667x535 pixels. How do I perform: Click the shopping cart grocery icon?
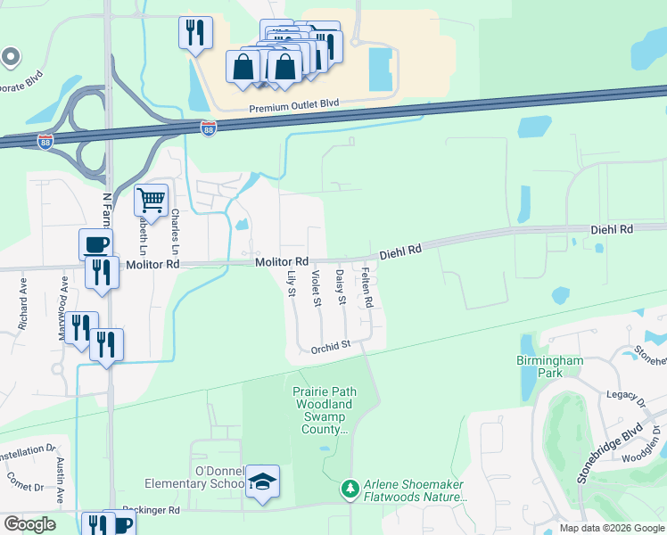[x=152, y=200]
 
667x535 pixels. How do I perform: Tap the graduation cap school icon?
[x=262, y=481]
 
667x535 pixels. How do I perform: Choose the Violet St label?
[x=317, y=287]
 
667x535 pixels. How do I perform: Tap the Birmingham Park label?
[x=550, y=366]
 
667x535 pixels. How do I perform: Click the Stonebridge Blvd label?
[x=609, y=453]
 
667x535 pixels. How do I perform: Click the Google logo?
[x=29, y=524]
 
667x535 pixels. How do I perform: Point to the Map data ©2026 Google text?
[x=611, y=528]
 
